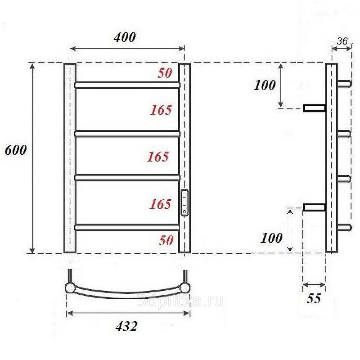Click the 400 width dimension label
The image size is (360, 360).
tap(125, 37)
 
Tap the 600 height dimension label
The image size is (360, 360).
tap(16, 150)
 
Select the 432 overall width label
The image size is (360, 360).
tap(126, 326)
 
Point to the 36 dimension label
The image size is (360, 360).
tap(342, 41)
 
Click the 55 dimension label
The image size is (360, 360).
tap(314, 298)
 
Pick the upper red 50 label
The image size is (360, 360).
tap(165, 73)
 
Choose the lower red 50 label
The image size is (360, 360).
tap(166, 240)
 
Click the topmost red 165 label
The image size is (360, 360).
tap(161, 110)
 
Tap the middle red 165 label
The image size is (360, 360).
tap(158, 157)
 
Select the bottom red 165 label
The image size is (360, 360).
tap(161, 204)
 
